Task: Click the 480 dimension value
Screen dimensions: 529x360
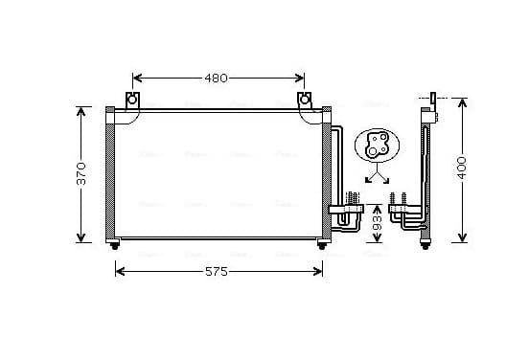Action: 216,79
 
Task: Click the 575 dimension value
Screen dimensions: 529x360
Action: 217,271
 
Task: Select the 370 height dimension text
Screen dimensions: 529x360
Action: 81,173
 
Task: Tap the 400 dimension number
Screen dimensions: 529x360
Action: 462,168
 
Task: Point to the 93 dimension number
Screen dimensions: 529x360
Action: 378,223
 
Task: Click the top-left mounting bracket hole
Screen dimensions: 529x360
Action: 132,100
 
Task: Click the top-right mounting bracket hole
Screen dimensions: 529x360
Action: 305,100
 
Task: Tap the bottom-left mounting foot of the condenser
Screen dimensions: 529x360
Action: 115,246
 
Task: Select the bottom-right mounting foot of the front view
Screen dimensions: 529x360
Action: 322,246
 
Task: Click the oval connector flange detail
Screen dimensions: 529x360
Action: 378,146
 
